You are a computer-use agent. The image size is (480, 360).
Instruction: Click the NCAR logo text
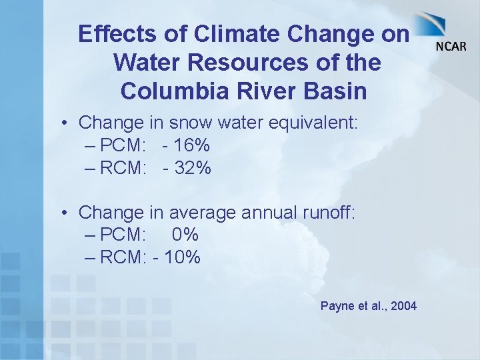(x=451, y=46)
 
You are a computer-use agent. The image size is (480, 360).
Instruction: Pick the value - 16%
(x=186, y=145)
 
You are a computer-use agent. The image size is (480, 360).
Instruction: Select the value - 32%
(x=187, y=168)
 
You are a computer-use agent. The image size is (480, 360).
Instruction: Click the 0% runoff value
(x=185, y=235)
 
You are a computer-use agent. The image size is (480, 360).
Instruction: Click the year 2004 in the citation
(x=403, y=306)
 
